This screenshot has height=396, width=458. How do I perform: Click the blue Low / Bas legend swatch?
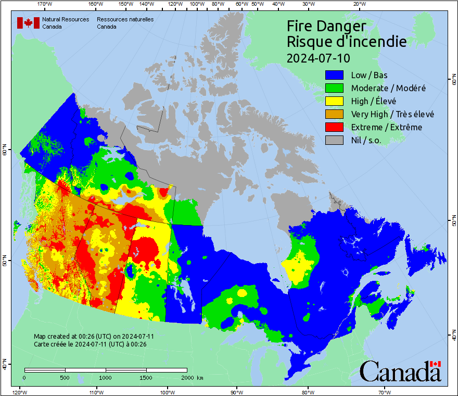(335, 75)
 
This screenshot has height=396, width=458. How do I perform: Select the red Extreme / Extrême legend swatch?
(335, 127)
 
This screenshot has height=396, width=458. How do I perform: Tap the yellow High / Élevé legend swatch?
(335, 101)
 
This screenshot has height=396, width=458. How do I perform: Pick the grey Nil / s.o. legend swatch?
(335, 140)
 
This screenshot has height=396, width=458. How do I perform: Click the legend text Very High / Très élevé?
(392, 114)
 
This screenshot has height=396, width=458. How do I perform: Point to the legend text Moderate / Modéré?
(388, 88)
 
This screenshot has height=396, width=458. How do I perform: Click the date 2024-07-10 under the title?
(319, 57)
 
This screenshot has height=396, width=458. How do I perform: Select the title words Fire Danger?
(326, 26)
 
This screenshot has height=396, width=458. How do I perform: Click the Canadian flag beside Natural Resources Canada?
(28, 23)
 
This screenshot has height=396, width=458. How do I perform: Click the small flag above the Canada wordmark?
(436, 364)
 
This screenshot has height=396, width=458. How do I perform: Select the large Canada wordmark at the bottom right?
(400, 373)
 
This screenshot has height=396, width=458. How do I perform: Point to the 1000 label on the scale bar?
(105, 377)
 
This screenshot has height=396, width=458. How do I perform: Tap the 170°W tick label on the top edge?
(45, 4)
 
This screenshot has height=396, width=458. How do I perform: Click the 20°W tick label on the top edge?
(358, 4)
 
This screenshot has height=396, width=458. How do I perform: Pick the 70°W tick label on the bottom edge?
(384, 392)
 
